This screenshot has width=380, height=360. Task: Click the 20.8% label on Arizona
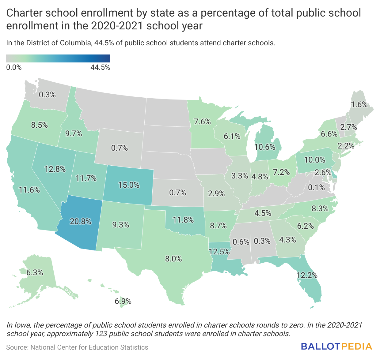click(81, 221)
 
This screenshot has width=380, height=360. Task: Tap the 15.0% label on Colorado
click(129, 185)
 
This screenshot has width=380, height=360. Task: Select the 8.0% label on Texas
click(174, 259)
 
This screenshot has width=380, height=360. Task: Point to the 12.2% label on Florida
click(307, 275)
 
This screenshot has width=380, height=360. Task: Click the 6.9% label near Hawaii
click(123, 301)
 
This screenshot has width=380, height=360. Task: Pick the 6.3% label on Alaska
click(35, 272)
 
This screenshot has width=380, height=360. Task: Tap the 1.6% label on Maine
click(359, 104)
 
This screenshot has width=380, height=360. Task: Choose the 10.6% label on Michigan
click(265, 147)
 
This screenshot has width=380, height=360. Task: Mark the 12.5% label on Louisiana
click(219, 252)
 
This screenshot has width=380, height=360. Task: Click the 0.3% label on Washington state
click(47, 95)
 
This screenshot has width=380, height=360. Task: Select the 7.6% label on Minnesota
click(202, 122)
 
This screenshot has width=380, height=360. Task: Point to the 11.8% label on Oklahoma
click(183, 220)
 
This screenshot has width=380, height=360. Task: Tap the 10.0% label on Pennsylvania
click(315, 159)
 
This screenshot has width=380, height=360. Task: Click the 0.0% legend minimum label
click(14, 67)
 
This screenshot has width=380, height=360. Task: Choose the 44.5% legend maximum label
click(100, 67)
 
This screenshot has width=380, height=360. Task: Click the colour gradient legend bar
click(58, 58)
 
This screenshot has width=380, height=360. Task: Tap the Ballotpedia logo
click(336, 347)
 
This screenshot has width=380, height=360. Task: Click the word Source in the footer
click(17, 347)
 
